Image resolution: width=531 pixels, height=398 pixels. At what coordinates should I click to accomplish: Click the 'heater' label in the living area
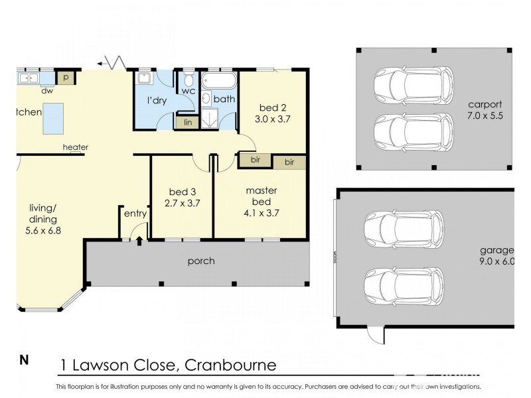tap(75, 147)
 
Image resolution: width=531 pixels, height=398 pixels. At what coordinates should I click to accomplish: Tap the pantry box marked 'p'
tap(66, 78)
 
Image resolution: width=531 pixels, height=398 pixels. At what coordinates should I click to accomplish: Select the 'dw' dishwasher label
tap(47, 91)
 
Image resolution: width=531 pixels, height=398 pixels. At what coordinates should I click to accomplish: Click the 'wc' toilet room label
tap(188, 90)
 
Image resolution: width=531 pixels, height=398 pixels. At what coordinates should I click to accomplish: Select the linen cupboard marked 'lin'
tap(187, 122)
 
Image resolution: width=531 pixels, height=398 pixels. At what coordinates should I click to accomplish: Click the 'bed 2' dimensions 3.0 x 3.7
tap(273, 119)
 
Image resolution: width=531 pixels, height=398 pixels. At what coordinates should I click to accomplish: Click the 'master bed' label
tap(261, 196)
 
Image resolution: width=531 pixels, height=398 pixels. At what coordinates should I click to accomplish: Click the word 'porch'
tap(201, 261)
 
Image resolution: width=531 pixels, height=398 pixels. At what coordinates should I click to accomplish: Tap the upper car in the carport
tap(412, 84)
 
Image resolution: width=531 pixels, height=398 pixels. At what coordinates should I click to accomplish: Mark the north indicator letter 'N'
tap(24, 361)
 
